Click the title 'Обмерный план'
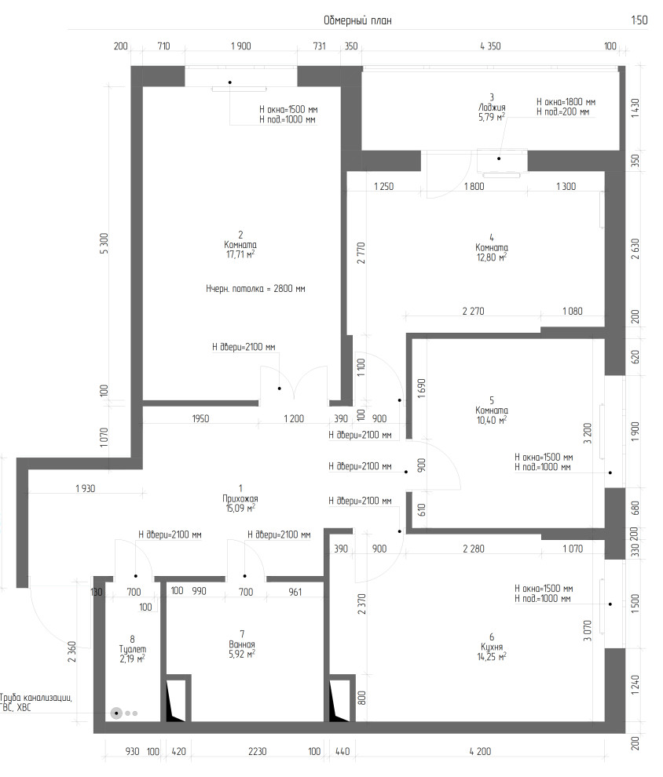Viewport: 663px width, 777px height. point(357,20)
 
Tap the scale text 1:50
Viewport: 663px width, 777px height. point(639,20)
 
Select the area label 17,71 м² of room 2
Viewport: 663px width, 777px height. point(240,255)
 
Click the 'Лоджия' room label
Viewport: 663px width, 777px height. point(492,108)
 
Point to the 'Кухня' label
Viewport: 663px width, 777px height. point(492,647)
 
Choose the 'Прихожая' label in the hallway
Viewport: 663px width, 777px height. point(240,498)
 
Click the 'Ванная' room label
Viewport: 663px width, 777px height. point(242,644)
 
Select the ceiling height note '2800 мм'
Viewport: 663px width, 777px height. point(289,288)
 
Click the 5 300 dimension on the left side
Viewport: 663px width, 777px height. point(104,244)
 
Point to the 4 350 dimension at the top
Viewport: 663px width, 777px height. point(490,46)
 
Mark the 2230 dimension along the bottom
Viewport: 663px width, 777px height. point(257,751)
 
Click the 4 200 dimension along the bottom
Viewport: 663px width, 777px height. point(480,751)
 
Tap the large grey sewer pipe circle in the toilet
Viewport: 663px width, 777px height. point(116,713)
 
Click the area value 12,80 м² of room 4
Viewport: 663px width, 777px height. point(492,257)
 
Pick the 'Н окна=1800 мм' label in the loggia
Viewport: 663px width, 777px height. point(566,102)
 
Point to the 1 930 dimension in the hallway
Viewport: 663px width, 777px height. point(86,489)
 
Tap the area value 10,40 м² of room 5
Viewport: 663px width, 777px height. point(492,420)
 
